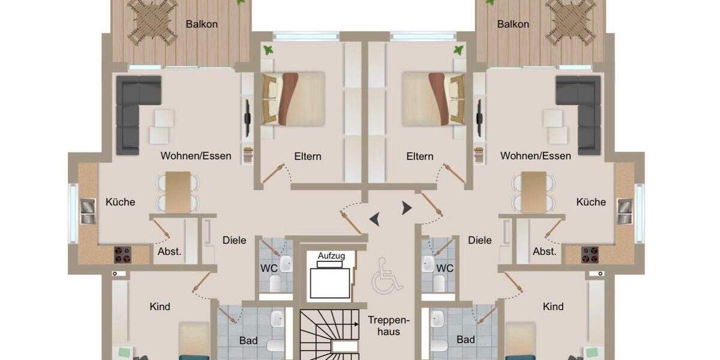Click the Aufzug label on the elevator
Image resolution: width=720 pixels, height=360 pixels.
pyautogui.click(x=331, y=256)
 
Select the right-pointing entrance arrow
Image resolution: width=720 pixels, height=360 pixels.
pyautogui.click(x=407, y=208)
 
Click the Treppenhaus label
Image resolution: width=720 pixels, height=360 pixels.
pyautogui.click(x=384, y=326)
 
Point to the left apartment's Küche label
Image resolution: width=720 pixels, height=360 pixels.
pyautogui.click(x=120, y=202)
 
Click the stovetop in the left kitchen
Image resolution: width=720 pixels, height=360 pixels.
pyautogui.click(x=122, y=255)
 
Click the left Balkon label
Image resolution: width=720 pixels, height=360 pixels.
pyautogui.click(x=202, y=25)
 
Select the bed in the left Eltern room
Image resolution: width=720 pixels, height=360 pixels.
pyautogui.click(x=293, y=98)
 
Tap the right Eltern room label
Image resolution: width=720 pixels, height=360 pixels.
pyautogui.click(x=419, y=157)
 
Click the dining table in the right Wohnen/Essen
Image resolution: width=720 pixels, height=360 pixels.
pyautogui.click(x=533, y=191)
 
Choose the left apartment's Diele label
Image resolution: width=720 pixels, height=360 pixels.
pyautogui.click(x=234, y=241)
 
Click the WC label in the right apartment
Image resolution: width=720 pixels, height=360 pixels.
pyautogui.click(x=445, y=268)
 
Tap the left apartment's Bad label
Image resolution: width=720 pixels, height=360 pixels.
pyautogui.click(x=248, y=341)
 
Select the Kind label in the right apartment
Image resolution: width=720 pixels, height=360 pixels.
pyautogui.click(x=553, y=307)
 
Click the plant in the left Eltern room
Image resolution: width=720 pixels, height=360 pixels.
pyautogui.click(x=268, y=50)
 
